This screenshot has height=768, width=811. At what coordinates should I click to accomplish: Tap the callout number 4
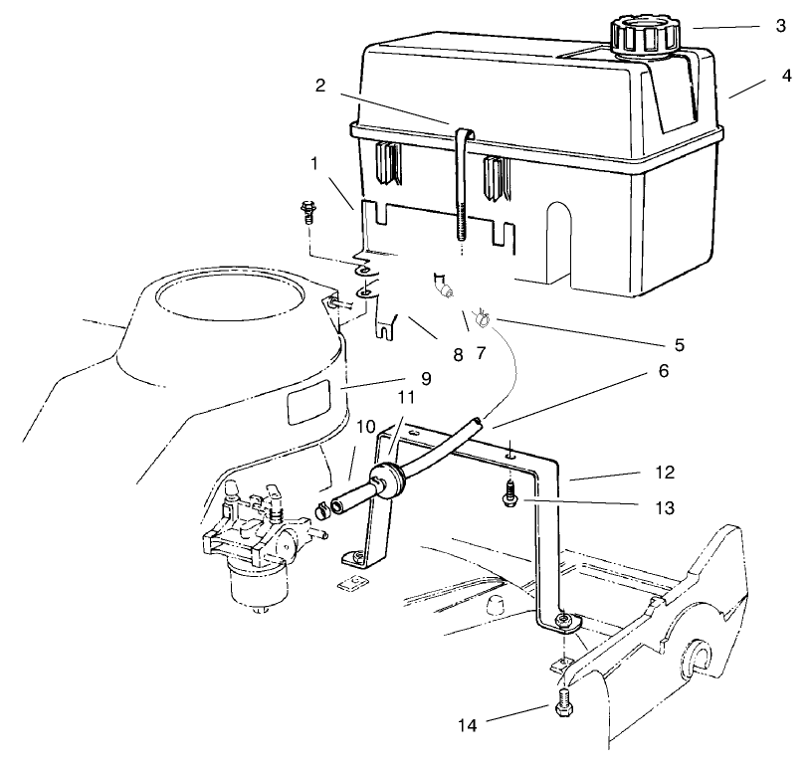coord(786,75)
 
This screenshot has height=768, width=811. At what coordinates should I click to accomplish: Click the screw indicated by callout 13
coord(507,492)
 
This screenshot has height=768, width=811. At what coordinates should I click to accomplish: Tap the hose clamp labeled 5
coord(482,318)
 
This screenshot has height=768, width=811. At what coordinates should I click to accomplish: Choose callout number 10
coord(364,428)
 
